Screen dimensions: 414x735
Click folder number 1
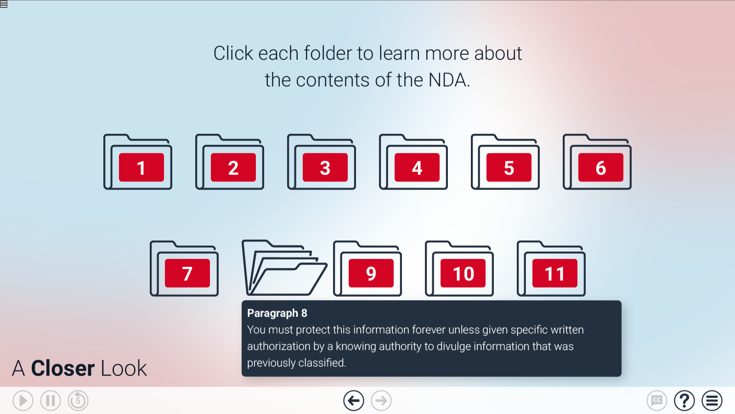tap(138, 163)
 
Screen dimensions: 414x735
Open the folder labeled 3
tap(322, 163)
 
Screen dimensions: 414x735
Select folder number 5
tap(505, 163)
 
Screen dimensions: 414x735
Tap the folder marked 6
tap(597, 163)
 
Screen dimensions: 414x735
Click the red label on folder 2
tap(233, 168)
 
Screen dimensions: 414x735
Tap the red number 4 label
tap(417, 168)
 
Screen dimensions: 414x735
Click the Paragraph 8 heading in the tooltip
tap(277, 313)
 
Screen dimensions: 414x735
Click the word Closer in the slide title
tap(63, 368)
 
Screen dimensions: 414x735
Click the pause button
tap(51, 401)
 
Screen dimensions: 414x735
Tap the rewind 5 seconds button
tap(78, 401)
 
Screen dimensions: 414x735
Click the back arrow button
tap(354, 401)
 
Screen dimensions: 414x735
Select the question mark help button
tap(684, 401)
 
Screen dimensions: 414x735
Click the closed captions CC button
tap(657, 401)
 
